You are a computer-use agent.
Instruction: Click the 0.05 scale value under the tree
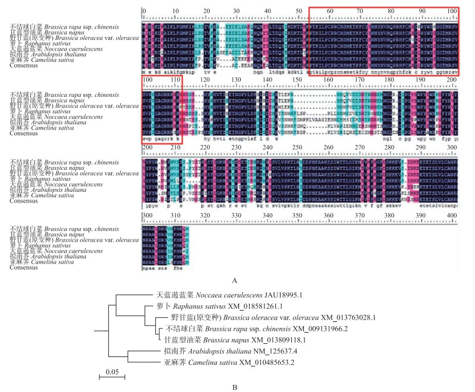[x=112, y=372]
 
